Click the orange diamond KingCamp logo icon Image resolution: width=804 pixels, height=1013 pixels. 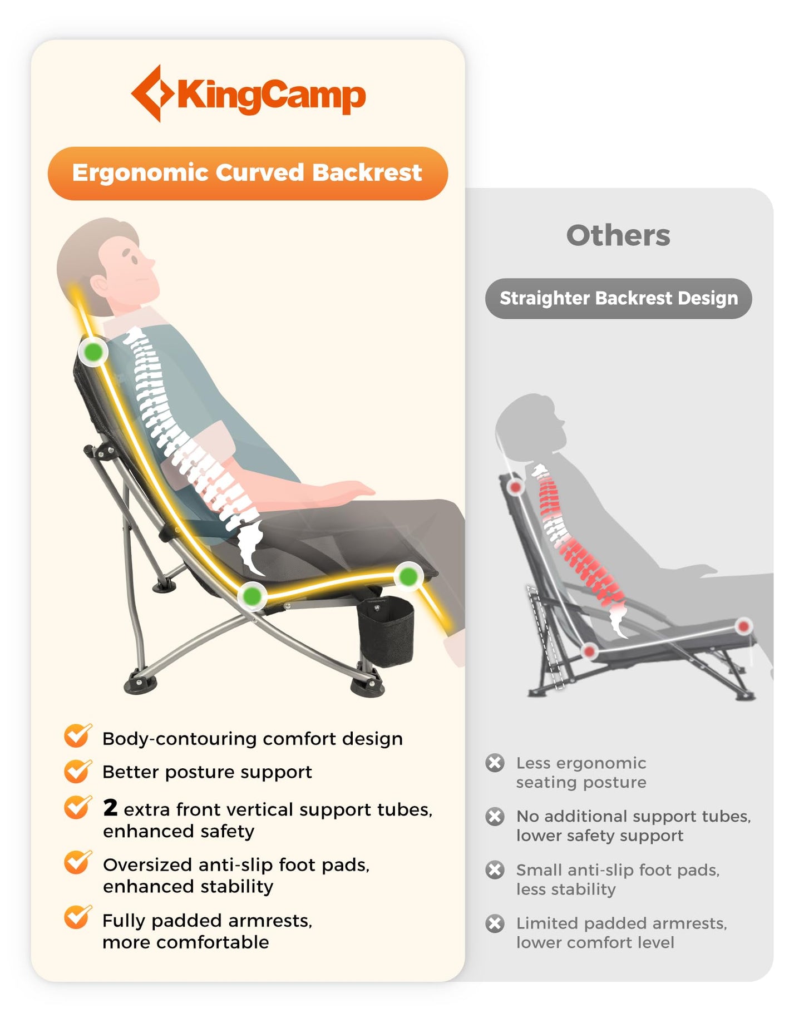point(152,93)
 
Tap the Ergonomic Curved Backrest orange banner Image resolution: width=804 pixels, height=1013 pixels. point(248,173)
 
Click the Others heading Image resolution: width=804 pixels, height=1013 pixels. point(618,235)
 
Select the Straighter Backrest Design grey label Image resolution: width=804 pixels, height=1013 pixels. point(618,298)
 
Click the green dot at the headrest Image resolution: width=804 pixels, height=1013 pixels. point(93,351)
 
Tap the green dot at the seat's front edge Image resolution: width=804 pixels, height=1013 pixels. point(409,576)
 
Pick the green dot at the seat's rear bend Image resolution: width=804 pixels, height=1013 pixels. point(252,596)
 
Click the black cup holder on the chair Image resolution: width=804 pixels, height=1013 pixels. point(385,631)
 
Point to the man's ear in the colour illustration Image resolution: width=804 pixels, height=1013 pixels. point(101,285)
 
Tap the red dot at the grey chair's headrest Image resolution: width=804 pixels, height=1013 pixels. point(516,487)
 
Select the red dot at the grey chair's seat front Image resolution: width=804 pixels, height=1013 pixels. point(743,626)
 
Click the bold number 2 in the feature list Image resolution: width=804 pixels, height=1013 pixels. point(110,807)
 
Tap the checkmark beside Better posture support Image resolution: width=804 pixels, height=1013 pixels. point(78,770)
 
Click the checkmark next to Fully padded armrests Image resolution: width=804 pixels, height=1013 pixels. point(78,917)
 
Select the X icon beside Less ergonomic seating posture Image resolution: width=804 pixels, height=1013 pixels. point(495,762)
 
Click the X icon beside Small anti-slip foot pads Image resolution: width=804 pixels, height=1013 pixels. point(495,869)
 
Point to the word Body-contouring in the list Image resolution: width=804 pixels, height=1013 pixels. point(180,739)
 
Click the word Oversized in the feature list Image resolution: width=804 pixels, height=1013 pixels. point(147,864)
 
